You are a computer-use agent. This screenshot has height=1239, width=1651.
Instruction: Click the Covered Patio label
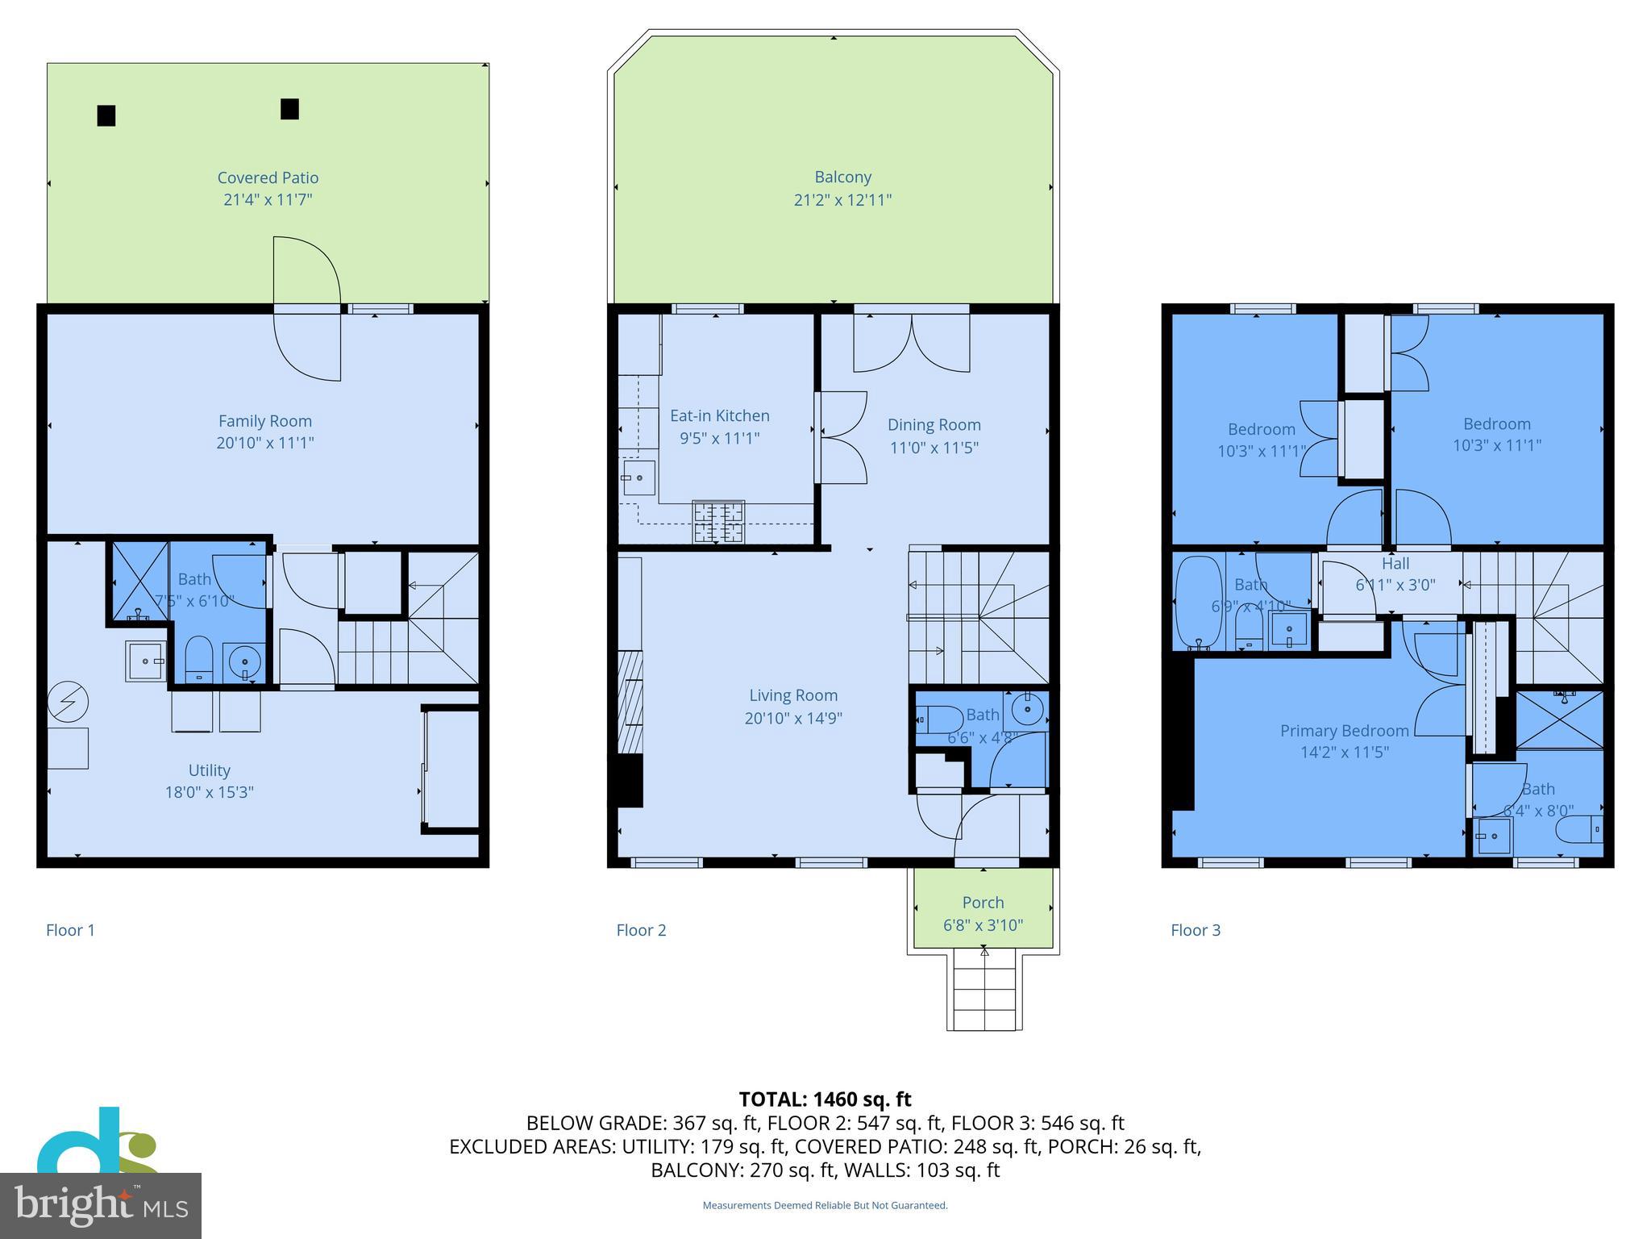click(268, 177)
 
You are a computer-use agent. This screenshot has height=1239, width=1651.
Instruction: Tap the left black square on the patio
click(106, 116)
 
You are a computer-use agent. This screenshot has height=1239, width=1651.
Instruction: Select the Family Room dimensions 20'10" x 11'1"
click(264, 443)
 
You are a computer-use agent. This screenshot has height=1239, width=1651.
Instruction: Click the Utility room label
click(209, 770)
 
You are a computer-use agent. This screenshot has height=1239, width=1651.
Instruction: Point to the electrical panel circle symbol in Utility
click(68, 703)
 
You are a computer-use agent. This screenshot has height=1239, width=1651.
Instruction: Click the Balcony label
click(842, 177)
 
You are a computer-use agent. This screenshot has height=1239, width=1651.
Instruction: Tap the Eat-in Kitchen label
click(719, 415)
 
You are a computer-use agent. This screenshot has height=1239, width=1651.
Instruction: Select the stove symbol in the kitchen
click(717, 521)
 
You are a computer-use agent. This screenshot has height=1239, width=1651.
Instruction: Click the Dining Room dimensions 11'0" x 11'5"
click(934, 447)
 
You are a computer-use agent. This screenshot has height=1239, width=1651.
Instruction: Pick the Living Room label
click(792, 695)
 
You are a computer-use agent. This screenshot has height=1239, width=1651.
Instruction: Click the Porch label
click(983, 903)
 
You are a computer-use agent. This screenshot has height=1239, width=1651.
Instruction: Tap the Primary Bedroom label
click(1344, 731)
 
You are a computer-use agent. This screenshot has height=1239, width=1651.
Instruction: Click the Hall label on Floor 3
click(1395, 564)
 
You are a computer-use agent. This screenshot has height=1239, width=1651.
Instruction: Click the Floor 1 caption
click(70, 930)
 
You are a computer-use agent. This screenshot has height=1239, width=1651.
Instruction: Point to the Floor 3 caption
click(1195, 930)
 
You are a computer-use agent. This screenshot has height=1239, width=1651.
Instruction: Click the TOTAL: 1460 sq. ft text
click(825, 1099)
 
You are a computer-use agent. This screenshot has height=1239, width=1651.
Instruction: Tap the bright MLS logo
click(100, 1205)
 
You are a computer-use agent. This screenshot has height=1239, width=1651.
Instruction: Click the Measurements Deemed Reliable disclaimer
click(825, 1205)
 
